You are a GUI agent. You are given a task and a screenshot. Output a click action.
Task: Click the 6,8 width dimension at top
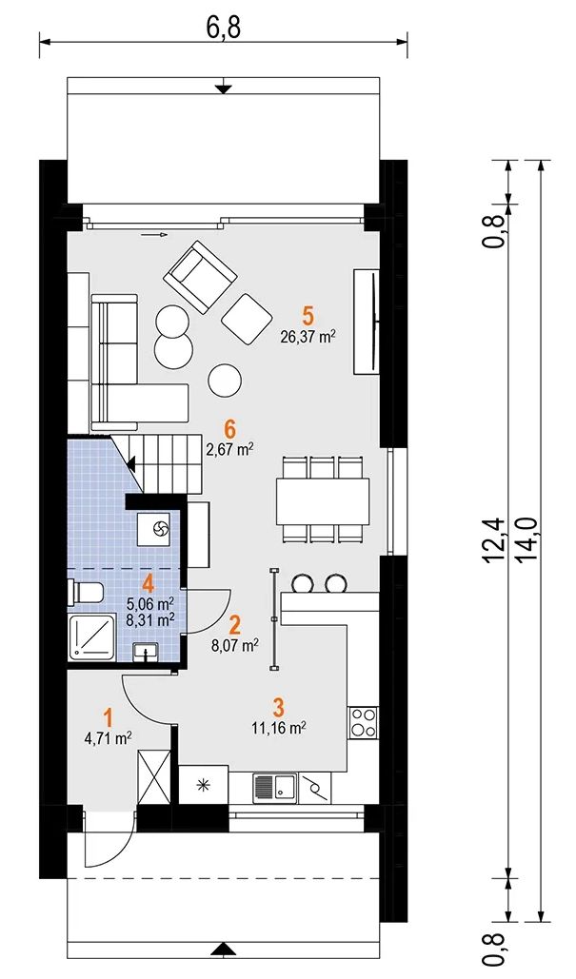click(x=224, y=26)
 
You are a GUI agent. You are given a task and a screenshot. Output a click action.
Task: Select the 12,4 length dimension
click(x=495, y=538)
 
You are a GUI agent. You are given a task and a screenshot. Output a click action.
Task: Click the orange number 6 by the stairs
click(x=229, y=429)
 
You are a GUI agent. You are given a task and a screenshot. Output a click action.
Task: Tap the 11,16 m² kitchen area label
click(x=279, y=727)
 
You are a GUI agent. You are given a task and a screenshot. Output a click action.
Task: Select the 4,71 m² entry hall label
click(x=108, y=738)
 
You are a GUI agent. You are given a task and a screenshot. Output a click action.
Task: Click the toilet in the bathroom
click(x=88, y=593)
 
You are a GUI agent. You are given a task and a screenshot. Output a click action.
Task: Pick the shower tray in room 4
click(x=91, y=636)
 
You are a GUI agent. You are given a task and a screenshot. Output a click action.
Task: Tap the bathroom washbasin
click(x=147, y=654)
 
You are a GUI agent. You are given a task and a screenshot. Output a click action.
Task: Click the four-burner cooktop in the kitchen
click(x=364, y=722)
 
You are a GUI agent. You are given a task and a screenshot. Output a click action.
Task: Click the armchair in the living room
click(x=200, y=277)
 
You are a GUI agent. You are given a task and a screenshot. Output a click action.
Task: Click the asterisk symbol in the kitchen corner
click(x=203, y=786)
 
